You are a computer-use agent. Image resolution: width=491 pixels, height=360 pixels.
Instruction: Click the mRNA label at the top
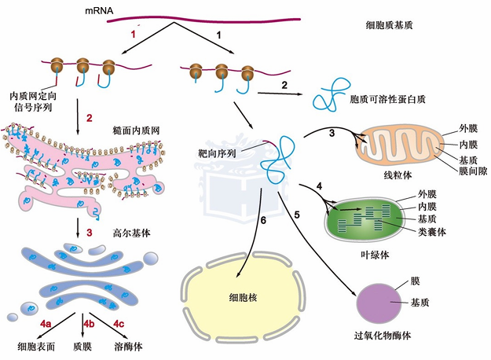(99, 11)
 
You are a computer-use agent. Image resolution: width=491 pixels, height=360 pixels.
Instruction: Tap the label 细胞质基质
(389, 25)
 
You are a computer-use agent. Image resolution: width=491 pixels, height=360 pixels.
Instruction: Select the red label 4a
(46, 324)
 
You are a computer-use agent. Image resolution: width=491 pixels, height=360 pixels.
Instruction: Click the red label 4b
(89, 324)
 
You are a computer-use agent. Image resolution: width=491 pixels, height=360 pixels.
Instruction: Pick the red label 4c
(119, 324)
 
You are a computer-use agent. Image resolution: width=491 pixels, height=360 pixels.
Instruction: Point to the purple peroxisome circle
(379, 303)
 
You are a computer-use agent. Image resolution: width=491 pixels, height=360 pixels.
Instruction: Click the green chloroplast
(364, 219)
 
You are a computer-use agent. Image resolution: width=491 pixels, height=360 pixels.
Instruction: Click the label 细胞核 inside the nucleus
(243, 297)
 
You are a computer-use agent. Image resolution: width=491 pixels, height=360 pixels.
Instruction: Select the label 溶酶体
(128, 347)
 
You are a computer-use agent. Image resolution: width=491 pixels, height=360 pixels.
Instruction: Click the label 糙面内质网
(136, 130)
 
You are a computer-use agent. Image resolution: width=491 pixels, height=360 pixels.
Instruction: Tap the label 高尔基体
(131, 233)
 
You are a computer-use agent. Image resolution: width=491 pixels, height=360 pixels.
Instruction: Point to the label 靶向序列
(217, 153)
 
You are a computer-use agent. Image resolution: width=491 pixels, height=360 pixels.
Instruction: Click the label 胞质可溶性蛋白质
(387, 99)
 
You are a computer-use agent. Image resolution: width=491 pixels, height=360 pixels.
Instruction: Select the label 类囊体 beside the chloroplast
(432, 232)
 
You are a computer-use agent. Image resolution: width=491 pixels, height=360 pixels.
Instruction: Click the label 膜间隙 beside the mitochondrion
(473, 171)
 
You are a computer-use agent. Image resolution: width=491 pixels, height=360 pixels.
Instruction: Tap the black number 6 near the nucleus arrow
(263, 221)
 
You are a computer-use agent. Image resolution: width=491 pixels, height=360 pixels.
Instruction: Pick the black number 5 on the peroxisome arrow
(297, 215)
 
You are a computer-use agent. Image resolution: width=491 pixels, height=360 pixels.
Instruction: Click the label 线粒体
(398, 174)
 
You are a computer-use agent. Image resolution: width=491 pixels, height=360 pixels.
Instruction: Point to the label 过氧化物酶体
(383, 336)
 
